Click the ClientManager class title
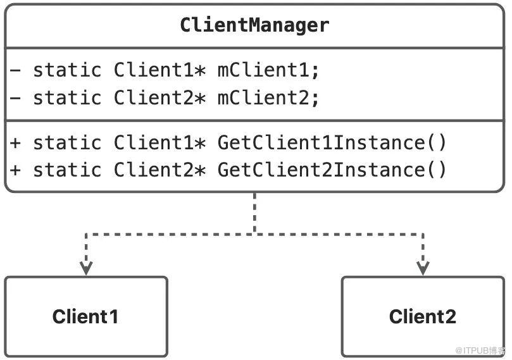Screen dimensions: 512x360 pos(254,25)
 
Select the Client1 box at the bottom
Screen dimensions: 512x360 pos(86,316)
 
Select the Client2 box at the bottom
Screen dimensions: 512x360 pos(423,316)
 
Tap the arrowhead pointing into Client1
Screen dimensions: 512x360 pos(86,268)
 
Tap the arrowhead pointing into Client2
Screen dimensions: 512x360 pos(423,268)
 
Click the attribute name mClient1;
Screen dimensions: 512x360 pos(268,70)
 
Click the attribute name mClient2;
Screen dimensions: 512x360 pos(268,97)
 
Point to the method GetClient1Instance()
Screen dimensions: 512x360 pos(332,142)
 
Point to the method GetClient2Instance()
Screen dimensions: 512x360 pos(332,170)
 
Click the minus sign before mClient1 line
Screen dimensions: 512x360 pos(15,70)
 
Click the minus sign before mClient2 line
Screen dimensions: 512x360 pos(15,97)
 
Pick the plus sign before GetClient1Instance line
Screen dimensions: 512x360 pos(15,143)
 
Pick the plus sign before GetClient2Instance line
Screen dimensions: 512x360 pos(15,170)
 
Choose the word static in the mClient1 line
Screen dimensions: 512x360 pos(67,70)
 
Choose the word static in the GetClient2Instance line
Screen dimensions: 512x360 pos(67,170)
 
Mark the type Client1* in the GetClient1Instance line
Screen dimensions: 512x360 pos(159,142)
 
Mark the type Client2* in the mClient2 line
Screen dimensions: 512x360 pos(159,97)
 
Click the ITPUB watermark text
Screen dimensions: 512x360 pos(480,351)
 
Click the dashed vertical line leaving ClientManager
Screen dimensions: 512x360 pos(254,213)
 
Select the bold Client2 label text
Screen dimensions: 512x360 pos(423,316)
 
